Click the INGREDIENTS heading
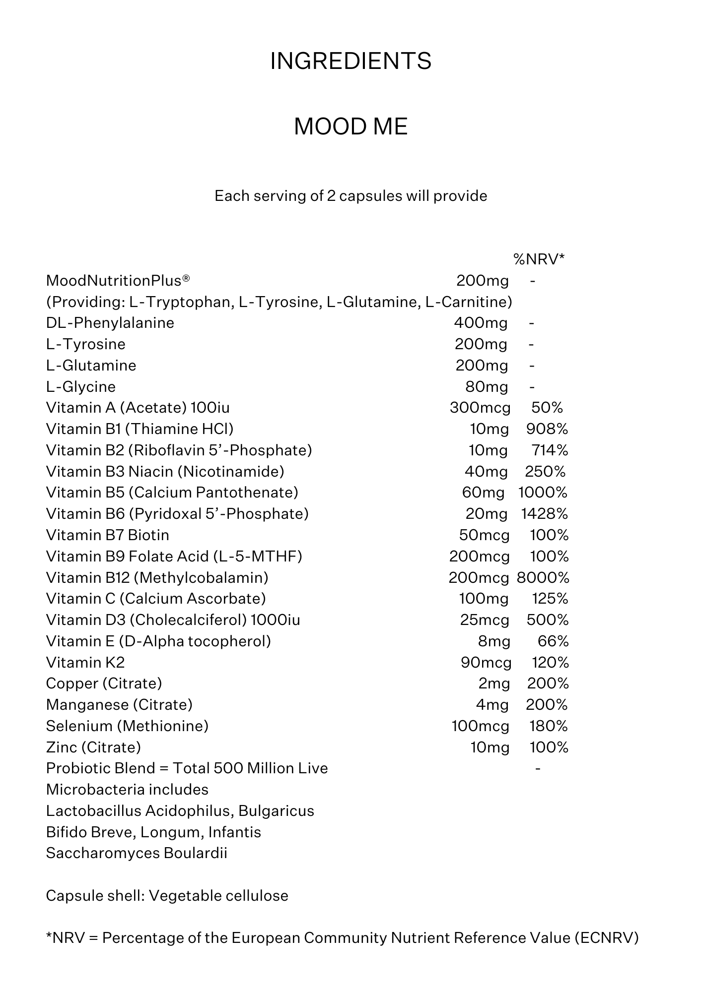pos(351,61)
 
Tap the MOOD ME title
pos(351,126)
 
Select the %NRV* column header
pos(539,259)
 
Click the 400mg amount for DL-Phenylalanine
pos(481,323)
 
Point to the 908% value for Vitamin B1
pos(547,429)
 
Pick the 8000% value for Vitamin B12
pos(543,578)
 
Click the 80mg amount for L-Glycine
pos(487,387)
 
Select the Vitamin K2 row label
pos(85,663)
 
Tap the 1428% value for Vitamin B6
pos(544,514)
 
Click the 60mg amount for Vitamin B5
pos(483,493)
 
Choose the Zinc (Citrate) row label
pos(93,747)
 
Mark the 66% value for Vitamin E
pos(553,641)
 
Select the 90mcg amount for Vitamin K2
pos(486,663)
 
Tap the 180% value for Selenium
pos(549,726)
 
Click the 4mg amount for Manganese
pos(492,705)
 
